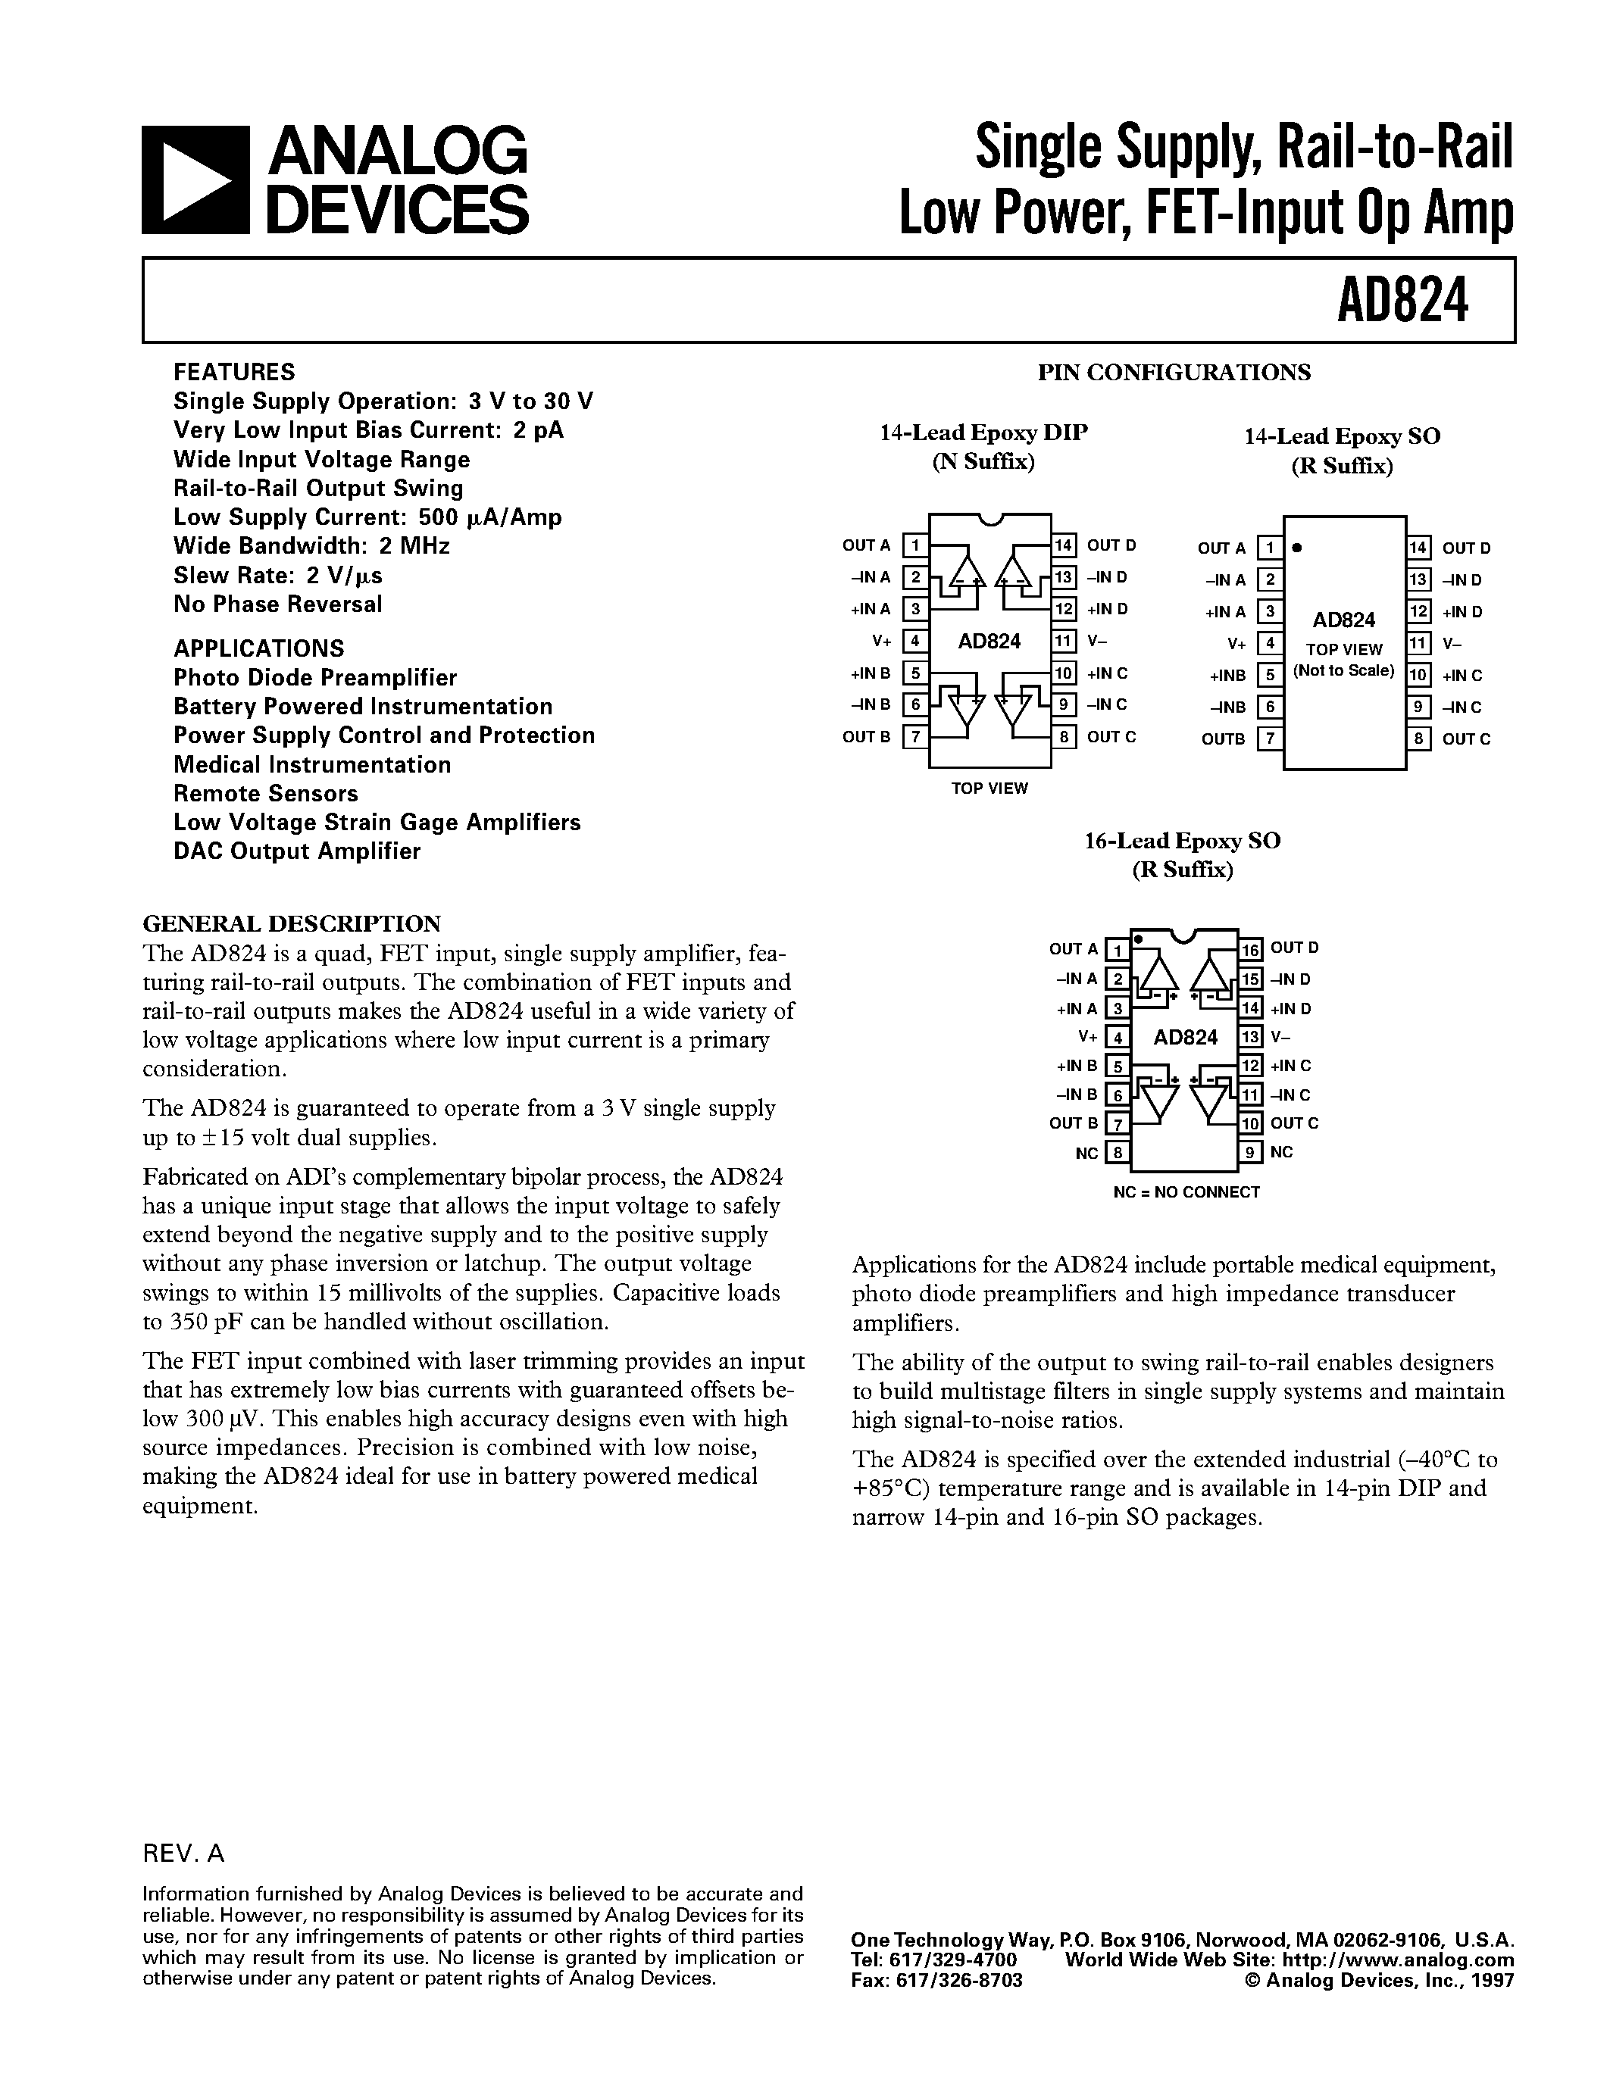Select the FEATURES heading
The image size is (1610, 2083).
tap(233, 372)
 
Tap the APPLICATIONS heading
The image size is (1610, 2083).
tap(258, 648)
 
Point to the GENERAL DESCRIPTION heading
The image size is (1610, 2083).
tap(291, 923)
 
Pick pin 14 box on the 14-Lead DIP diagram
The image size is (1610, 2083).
tap(1064, 545)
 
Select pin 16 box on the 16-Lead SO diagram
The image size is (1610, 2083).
tap(1250, 948)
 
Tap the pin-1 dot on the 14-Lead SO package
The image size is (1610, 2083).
tap(1297, 548)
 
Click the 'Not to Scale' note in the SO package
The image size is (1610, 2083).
tap(1343, 670)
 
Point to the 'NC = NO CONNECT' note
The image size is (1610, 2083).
tap(1186, 1192)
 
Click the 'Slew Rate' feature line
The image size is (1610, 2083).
tap(277, 575)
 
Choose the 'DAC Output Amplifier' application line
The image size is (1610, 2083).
tap(297, 851)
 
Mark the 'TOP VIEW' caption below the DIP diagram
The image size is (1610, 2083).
tap(989, 788)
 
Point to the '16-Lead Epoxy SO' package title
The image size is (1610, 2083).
tap(1182, 840)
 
